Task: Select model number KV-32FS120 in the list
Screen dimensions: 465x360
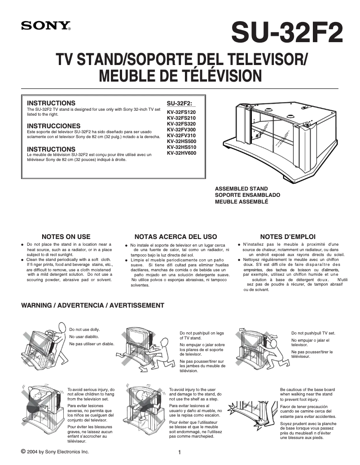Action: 181,112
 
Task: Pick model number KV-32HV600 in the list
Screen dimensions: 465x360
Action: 181,153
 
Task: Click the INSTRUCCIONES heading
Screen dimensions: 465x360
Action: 54,126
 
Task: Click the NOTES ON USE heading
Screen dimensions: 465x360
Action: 66,236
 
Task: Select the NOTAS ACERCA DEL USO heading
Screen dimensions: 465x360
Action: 176,236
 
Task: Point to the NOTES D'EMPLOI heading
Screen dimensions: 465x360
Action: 288,236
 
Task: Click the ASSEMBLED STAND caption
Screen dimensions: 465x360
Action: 241,189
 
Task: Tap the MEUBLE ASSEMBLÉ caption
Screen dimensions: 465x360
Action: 241,202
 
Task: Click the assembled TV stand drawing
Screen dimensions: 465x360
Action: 278,135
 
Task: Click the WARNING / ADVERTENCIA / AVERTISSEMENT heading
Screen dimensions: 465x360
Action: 93,305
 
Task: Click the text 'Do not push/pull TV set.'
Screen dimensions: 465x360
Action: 313,333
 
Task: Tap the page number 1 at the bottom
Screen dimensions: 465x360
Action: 180,452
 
